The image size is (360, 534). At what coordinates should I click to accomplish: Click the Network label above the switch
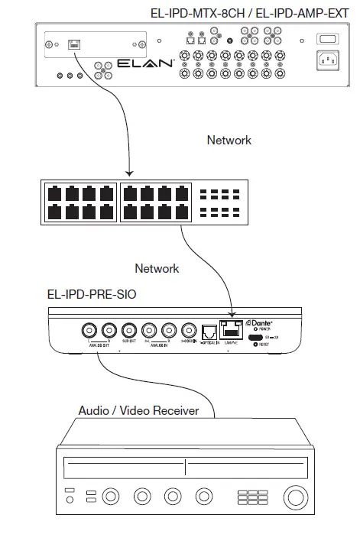(x=229, y=141)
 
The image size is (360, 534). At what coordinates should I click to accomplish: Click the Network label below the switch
(x=157, y=268)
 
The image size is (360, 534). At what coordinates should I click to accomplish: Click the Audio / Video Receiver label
(x=138, y=411)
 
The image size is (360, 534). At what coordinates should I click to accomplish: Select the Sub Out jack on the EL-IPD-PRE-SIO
(x=128, y=330)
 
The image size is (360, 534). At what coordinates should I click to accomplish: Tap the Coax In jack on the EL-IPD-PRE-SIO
(x=187, y=330)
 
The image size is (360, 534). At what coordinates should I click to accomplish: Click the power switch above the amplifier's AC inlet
(x=326, y=39)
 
